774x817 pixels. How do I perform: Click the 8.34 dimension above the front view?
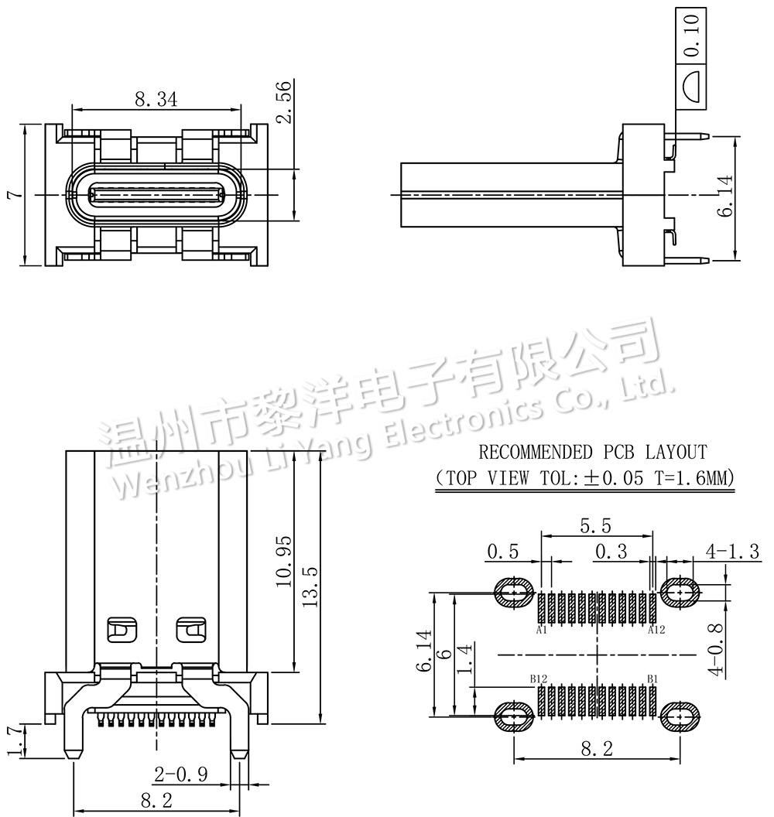[x=156, y=98]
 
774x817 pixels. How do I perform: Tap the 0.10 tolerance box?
[x=691, y=36]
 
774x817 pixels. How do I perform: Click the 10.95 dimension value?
[x=283, y=561]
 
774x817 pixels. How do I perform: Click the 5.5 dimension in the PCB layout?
[x=595, y=526]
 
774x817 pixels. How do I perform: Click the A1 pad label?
[x=541, y=631]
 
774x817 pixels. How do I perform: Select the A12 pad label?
[x=656, y=631]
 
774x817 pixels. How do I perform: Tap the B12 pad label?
[x=539, y=679]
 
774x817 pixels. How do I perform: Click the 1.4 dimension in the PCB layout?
[x=464, y=658]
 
